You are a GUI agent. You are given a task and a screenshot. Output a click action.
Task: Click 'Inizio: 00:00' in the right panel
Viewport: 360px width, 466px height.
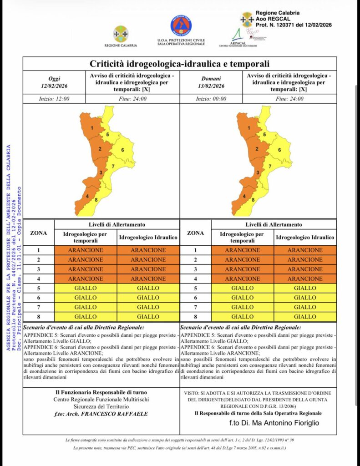coord(211,98)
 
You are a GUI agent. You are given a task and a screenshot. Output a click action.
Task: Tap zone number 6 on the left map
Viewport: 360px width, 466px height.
coord(122,150)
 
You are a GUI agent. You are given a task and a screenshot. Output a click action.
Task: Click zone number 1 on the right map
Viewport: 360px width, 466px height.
coord(249,128)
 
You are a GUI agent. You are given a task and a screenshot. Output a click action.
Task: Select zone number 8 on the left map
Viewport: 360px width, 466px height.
coord(96,200)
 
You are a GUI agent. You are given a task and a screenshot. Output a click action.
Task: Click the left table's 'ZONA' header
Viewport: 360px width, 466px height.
coord(38,233)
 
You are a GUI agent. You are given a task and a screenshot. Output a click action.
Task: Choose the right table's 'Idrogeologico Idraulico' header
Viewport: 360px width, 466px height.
coord(305,238)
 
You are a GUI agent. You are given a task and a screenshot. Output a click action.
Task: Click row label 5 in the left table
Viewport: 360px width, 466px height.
coord(38,288)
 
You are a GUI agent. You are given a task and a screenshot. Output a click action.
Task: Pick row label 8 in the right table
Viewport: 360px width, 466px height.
coord(195,317)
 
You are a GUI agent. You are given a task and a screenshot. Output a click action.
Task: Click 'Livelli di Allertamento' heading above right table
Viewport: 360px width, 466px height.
coord(274,224)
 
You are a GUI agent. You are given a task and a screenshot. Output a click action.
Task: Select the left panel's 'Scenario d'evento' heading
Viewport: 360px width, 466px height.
coord(84,327)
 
